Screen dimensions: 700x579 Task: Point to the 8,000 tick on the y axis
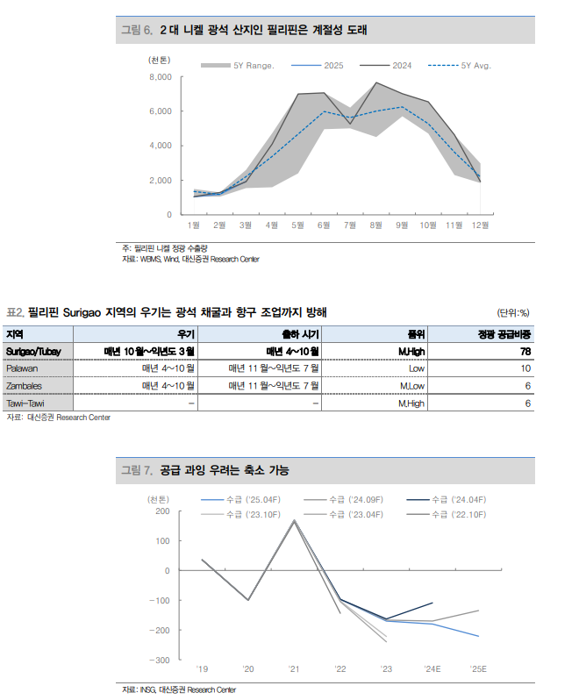pos(160,77)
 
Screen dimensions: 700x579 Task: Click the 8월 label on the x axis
pos(375,225)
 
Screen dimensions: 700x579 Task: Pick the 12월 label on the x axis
pos(480,225)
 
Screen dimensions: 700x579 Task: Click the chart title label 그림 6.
pos(136,30)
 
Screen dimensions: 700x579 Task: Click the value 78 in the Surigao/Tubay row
pos(525,351)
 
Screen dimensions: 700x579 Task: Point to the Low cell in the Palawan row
pos(416,368)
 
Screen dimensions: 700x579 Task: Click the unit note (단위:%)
pos(513,312)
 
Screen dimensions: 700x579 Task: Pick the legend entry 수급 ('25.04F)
pos(252,500)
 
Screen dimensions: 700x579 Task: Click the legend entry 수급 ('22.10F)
pos(459,514)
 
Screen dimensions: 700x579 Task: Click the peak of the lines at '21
pos(294,520)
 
